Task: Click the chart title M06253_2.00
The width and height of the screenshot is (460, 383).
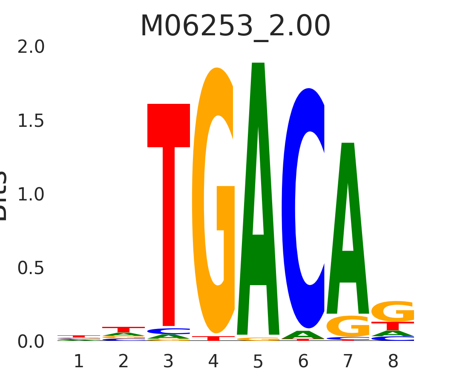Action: tap(235, 26)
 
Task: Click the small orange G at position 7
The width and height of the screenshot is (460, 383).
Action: tap(348, 326)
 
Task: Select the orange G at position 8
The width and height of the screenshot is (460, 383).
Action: tap(393, 312)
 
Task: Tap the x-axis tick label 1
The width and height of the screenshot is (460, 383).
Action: tap(79, 362)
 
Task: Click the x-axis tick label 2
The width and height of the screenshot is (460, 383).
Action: tap(124, 362)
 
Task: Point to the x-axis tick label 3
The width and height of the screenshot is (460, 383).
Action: tap(169, 362)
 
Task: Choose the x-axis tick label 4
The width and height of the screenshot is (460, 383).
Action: tap(213, 362)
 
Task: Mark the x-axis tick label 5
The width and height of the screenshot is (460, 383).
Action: tap(258, 362)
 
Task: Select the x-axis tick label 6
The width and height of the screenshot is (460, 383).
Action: tap(303, 362)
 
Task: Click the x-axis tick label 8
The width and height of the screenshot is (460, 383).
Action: tap(393, 362)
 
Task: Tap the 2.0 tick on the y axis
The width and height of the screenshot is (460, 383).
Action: tap(31, 47)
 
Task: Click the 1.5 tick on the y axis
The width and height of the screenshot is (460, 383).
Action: tap(31, 121)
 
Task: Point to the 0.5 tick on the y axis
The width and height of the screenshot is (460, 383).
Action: tap(31, 268)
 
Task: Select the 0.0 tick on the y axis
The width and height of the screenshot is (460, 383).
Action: tap(31, 342)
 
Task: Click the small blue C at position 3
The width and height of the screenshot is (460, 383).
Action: tap(169, 331)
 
